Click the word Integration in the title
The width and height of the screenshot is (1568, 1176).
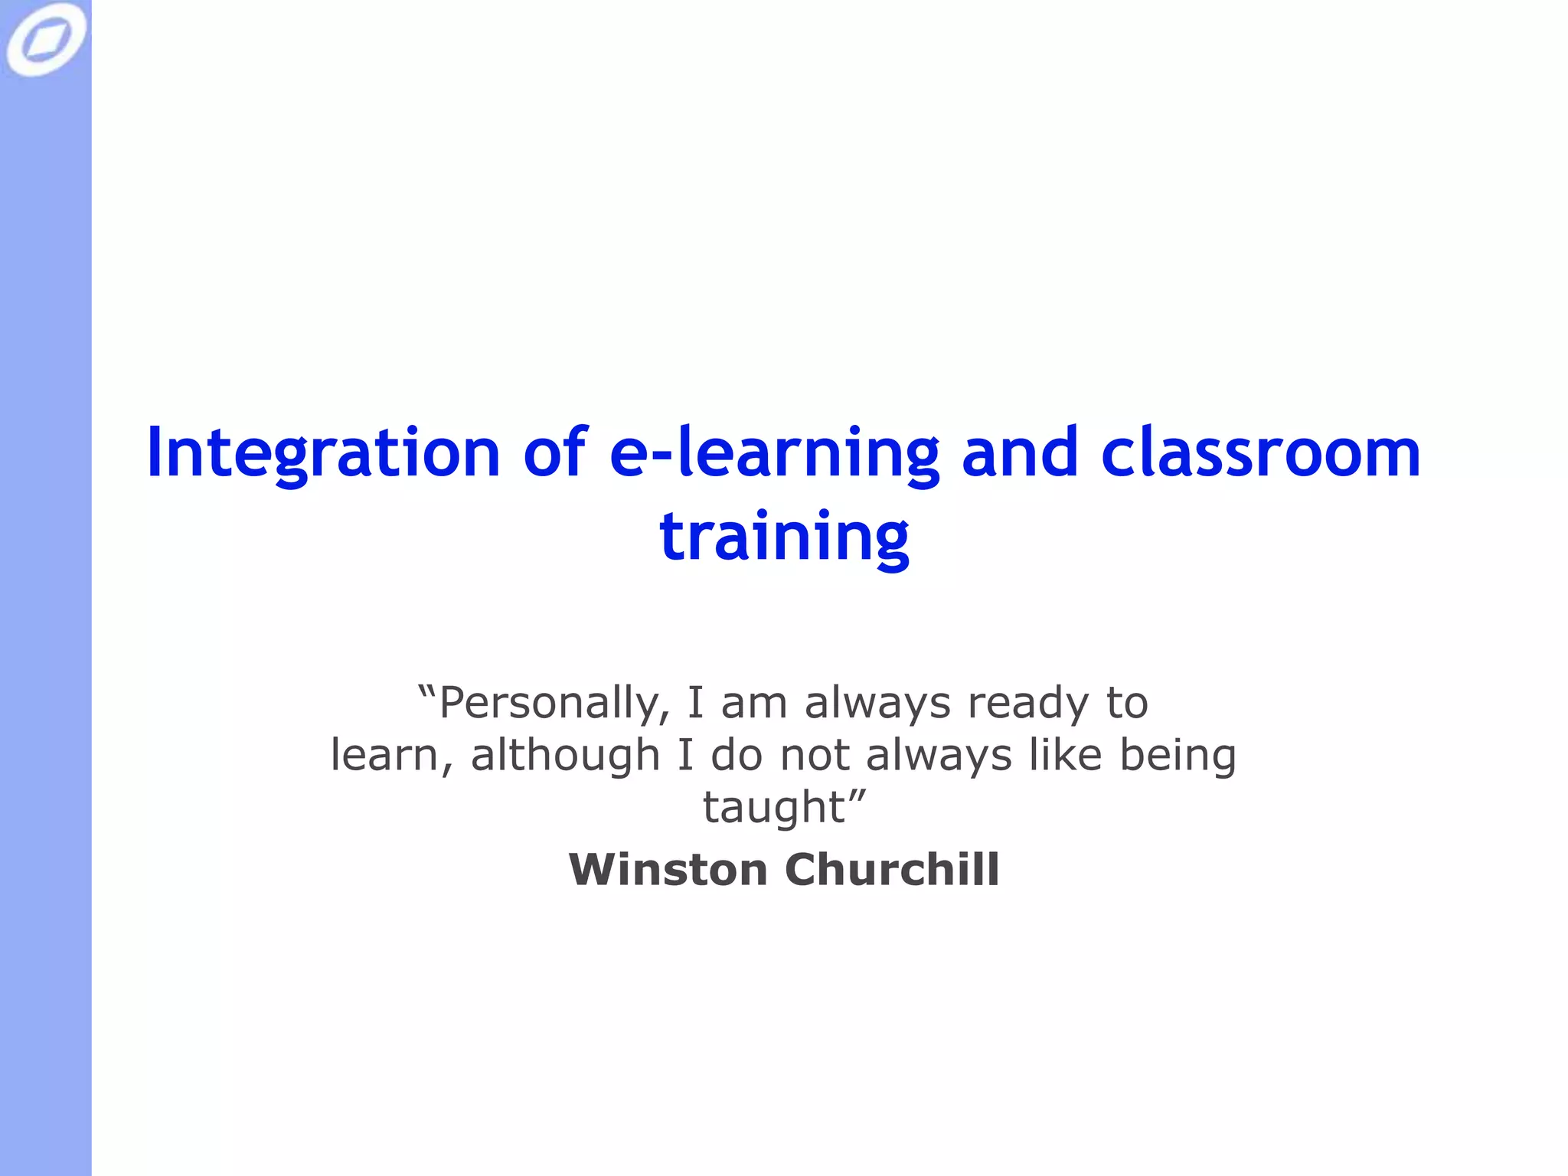322,453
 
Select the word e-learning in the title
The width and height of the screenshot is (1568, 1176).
774,453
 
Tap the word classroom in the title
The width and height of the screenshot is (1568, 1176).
1260,453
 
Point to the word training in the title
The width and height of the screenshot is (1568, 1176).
784,536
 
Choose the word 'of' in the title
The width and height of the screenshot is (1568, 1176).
555,453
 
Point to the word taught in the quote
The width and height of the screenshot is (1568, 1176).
773,807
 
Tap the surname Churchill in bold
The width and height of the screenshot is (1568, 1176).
892,870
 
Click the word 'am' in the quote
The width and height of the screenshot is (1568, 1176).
753,703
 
